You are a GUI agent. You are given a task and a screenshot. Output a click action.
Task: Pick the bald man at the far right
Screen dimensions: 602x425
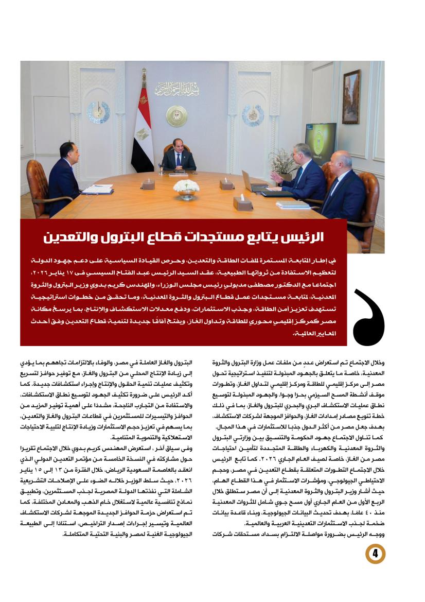(347, 193)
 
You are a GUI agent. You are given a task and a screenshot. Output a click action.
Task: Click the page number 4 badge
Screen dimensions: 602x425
(375, 554)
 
